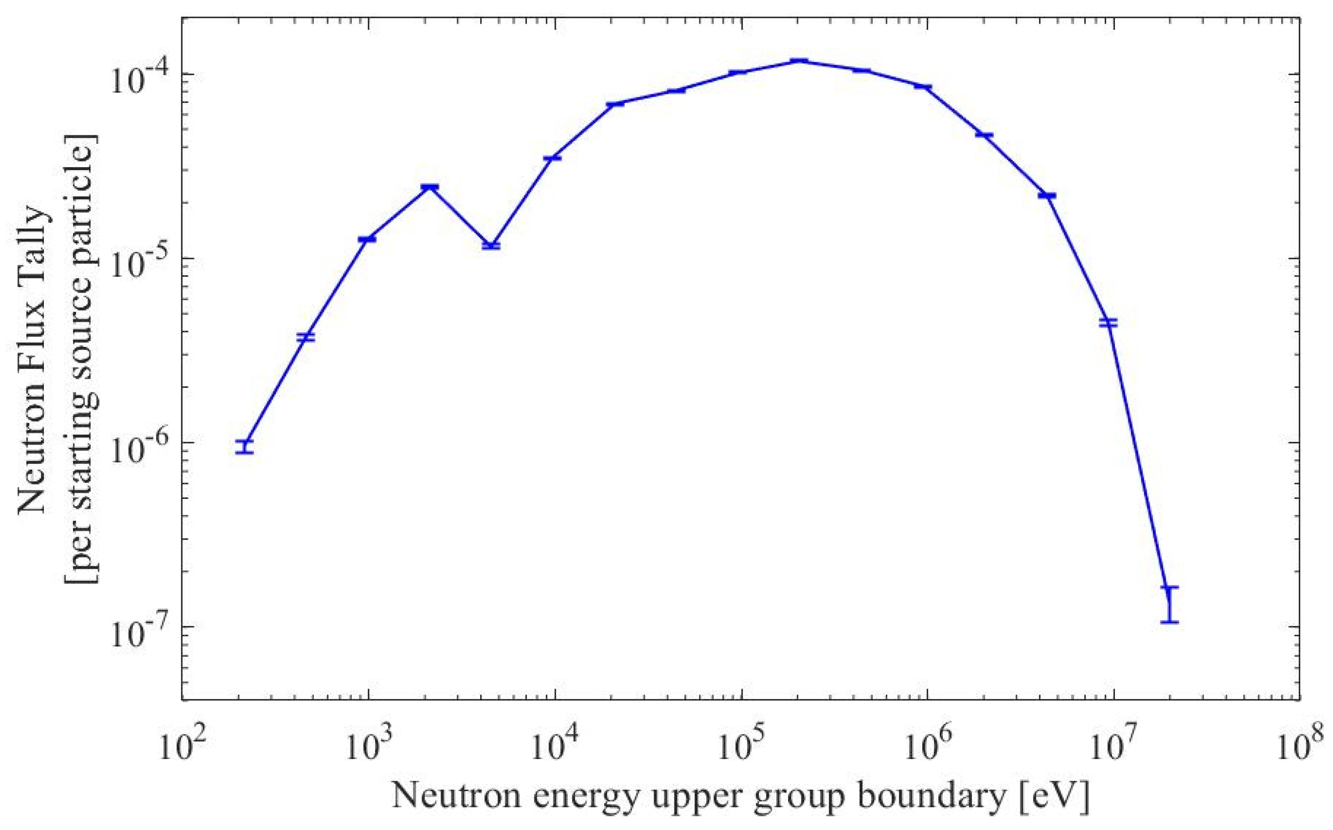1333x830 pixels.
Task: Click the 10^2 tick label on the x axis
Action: point(181,746)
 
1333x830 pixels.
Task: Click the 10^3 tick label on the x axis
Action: point(368,746)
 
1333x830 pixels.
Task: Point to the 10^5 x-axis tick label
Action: point(741,746)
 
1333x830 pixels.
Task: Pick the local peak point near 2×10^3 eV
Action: point(429,188)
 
